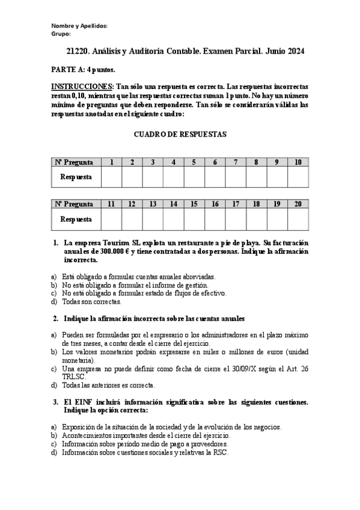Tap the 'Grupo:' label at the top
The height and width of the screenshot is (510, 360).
[x=61, y=34]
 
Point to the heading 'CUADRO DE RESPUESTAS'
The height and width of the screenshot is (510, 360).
[x=180, y=134]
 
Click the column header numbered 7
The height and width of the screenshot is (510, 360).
[x=236, y=162]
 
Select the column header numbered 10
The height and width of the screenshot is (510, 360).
[x=297, y=162]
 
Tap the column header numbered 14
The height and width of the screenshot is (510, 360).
[x=173, y=204]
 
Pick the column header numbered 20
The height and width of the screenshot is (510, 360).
[x=297, y=204]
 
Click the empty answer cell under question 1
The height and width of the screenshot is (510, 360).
[x=111, y=177]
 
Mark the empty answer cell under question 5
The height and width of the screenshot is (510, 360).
[x=194, y=177]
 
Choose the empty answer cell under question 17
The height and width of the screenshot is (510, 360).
[x=236, y=220]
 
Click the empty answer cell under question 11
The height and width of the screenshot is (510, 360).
[x=111, y=220]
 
